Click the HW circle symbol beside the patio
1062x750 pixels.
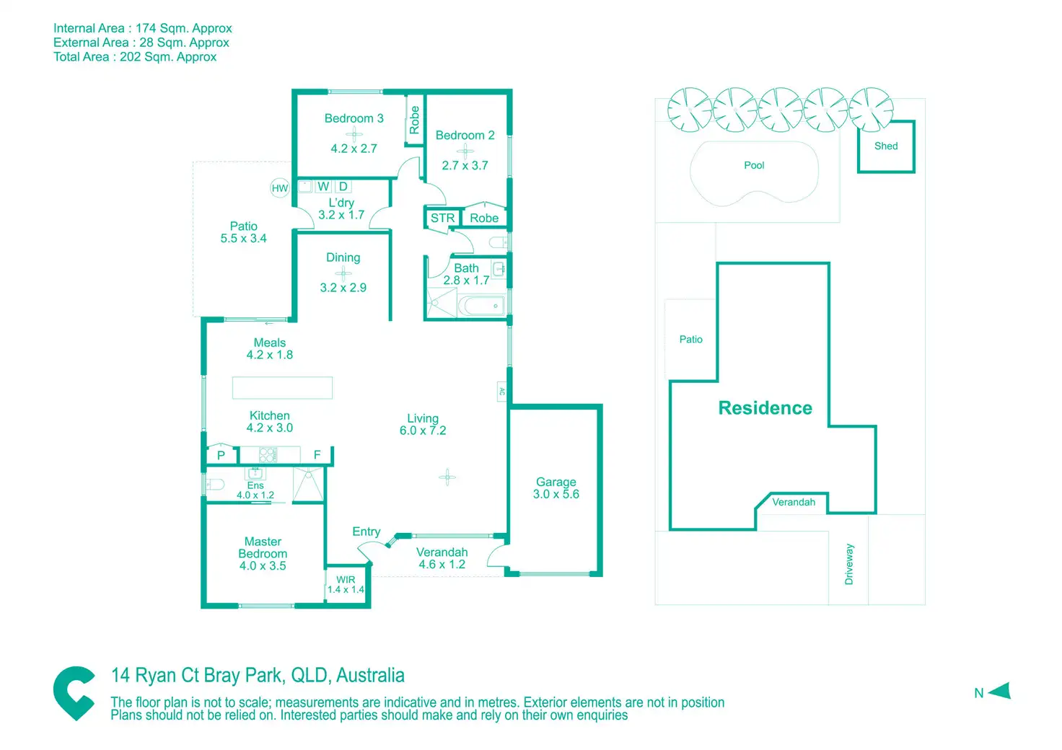pos(280,188)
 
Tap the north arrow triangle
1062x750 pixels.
pos(1001,692)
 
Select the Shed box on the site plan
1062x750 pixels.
pos(886,146)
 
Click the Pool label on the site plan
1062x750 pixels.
pos(754,165)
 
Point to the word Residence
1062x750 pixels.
pos(765,408)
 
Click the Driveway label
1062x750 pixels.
pos(849,564)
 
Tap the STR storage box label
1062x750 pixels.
pos(442,218)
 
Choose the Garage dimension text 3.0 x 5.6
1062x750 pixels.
pos(556,494)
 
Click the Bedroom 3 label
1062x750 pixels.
pos(354,118)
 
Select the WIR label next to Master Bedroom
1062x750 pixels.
pos(346,580)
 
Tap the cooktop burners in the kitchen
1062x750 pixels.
pos(268,454)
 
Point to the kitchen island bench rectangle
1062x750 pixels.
pos(282,388)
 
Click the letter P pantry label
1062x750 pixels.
pos(221,455)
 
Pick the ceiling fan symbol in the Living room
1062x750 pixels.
pos(447,477)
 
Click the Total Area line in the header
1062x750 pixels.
pos(135,57)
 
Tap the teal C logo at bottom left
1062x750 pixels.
pos(74,693)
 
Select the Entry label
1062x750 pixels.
pos(366,531)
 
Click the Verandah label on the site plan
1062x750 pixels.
pos(794,502)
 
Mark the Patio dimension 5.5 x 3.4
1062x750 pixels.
pos(243,239)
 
